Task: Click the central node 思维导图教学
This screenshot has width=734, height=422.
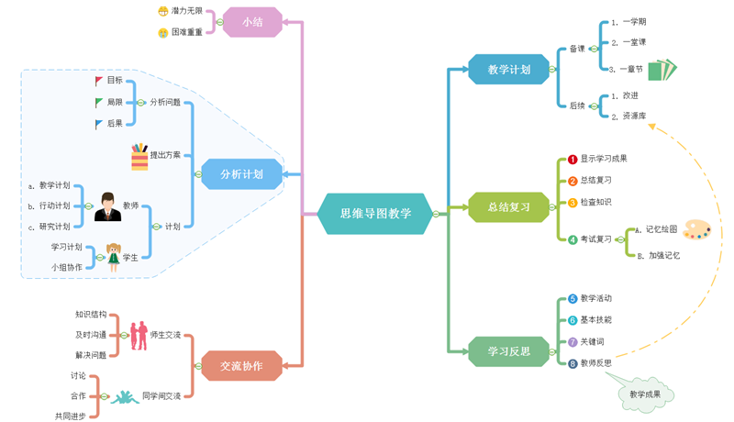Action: click(x=375, y=214)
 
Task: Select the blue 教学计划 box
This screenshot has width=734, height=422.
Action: click(x=508, y=70)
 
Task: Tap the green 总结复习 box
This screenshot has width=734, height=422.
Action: click(x=508, y=207)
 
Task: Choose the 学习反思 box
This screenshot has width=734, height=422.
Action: click(x=508, y=351)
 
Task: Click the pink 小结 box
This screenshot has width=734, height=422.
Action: click(x=252, y=22)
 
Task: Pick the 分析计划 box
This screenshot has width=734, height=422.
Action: click(x=241, y=174)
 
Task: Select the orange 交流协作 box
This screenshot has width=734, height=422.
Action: click(x=241, y=366)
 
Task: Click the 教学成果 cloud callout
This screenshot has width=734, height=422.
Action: click(x=644, y=394)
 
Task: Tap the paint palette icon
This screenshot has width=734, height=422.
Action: click(x=696, y=229)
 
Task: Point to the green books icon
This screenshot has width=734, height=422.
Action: click(x=662, y=70)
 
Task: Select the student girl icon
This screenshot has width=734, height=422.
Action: click(x=114, y=257)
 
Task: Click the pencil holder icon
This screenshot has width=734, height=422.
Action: click(x=139, y=156)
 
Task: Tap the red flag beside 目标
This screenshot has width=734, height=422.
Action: click(x=99, y=81)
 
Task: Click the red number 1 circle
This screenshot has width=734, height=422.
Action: click(x=573, y=160)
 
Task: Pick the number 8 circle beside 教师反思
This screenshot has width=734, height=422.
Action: click(x=573, y=363)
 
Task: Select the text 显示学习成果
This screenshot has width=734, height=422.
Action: click(x=604, y=159)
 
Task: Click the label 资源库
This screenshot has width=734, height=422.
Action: click(x=634, y=117)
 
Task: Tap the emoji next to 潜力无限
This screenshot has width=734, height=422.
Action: click(x=162, y=12)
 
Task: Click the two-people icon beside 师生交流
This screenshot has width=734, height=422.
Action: click(x=139, y=335)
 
